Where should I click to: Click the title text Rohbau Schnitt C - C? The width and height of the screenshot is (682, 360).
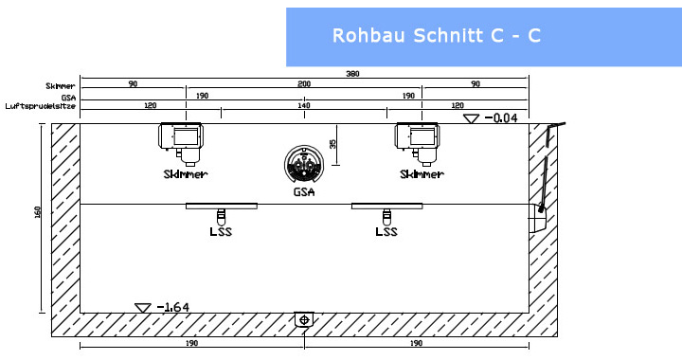(437, 36)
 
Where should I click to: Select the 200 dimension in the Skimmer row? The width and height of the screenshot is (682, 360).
(304, 84)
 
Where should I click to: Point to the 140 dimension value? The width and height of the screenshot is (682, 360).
(304, 105)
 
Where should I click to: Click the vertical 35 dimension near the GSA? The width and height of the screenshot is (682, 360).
(332, 142)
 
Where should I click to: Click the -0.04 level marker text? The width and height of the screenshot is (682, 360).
(502, 117)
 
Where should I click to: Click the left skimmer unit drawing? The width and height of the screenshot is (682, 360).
(181, 141)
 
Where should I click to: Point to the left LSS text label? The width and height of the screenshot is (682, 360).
(221, 231)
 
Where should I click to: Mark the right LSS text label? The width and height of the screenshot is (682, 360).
(386, 231)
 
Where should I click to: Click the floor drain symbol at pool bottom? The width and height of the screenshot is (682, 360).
(304, 319)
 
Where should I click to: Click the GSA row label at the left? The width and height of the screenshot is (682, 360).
(69, 96)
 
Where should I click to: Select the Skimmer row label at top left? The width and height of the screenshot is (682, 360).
(61, 85)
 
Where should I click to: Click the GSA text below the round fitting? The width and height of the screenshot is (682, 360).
(304, 191)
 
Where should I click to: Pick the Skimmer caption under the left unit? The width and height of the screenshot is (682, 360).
(185, 174)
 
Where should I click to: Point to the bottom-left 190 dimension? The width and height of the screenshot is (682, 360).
(191, 343)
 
